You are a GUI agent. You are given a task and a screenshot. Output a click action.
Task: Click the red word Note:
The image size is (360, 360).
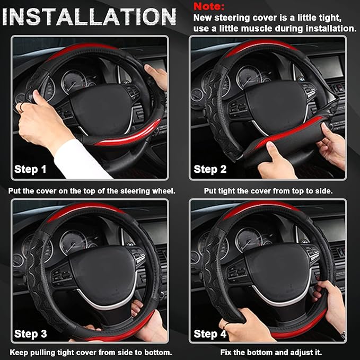(x=209, y=6)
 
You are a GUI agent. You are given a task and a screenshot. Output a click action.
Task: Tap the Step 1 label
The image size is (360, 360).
(x=30, y=170)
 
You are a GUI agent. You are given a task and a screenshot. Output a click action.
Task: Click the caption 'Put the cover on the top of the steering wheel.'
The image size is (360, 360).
(x=91, y=190)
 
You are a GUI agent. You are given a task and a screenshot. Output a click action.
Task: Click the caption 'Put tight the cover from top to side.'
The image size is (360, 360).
(x=268, y=190)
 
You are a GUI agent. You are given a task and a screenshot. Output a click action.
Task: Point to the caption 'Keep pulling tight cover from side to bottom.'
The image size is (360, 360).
(x=91, y=352)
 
